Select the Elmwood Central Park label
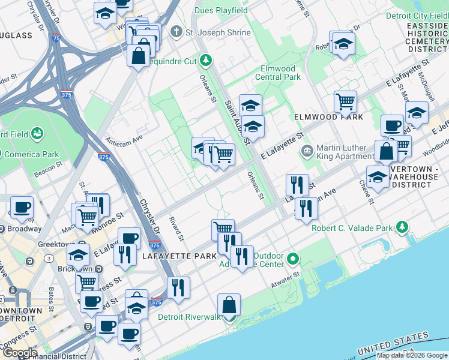[x=277, y=73]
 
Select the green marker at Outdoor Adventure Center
[x=293, y=259]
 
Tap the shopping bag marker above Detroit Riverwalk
[x=229, y=305]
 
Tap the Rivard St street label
[x=175, y=229]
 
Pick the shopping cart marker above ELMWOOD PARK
[x=345, y=101]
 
